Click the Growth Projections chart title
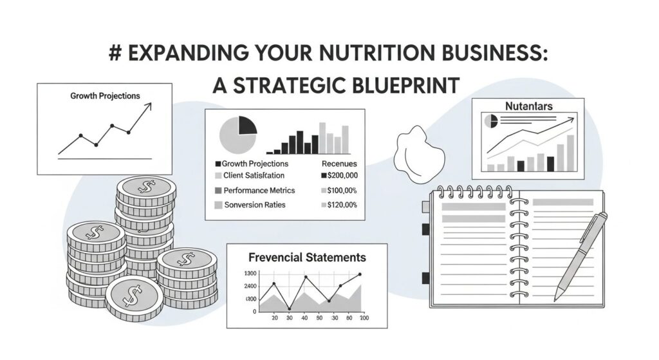tap(104, 96)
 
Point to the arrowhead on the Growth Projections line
tap(149, 105)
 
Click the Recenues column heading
tap(339, 164)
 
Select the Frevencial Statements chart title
tap(307, 258)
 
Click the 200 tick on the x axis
tap(363, 318)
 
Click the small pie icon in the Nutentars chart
tap(491, 120)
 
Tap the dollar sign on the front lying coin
tap(133, 297)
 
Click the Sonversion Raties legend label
tap(254, 205)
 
